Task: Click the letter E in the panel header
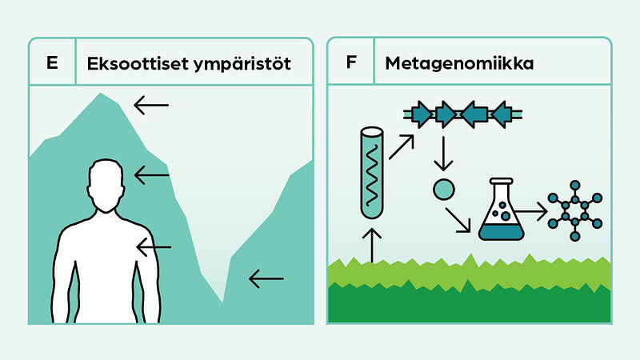click(x=52, y=62)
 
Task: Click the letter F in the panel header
click(x=350, y=62)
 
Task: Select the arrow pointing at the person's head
click(x=151, y=174)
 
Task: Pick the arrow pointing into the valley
click(x=266, y=279)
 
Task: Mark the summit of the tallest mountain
click(x=101, y=94)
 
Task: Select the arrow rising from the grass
click(x=372, y=245)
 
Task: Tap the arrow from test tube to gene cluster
click(x=402, y=147)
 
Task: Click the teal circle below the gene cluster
click(x=442, y=190)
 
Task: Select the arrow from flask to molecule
click(x=531, y=211)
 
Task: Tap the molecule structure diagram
click(x=574, y=211)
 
